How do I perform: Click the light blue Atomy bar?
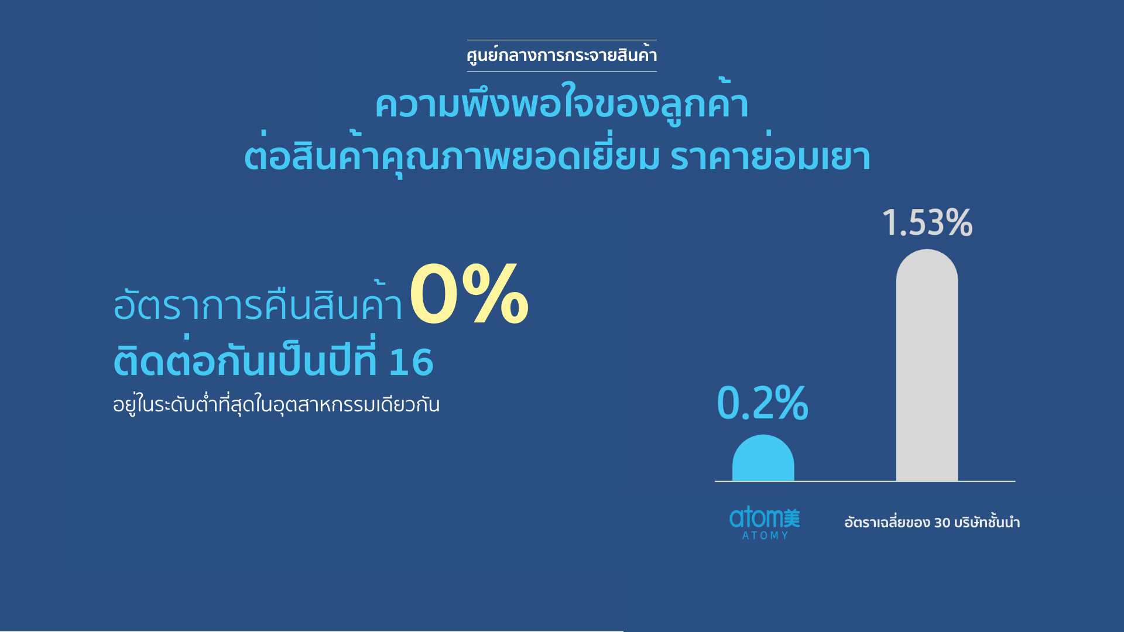[763, 458]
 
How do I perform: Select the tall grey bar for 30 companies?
[927, 365]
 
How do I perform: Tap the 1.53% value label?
[927, 223]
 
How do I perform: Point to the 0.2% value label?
[763, 403]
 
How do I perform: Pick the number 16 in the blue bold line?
[411, 362]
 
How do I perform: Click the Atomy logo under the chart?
[765, 523]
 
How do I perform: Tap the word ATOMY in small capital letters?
[765, 535]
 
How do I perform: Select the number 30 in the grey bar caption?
[942, 523]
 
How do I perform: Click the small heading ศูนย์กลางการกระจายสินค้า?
[561, 55]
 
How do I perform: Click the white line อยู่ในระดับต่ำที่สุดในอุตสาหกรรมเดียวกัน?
[276, 404]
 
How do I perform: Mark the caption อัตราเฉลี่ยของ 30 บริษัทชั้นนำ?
[932, 521]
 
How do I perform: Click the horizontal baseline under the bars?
[865, 482]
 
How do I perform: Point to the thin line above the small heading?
[561, 40]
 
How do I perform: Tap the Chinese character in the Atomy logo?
[791, 518]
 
